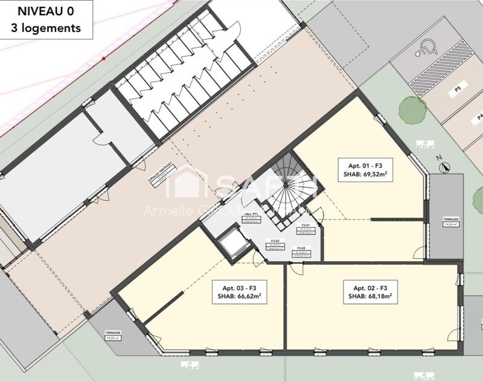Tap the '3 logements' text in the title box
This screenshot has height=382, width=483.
pos(46,27)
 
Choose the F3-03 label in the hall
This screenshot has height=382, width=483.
pos(275,241)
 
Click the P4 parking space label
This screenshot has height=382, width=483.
pos(480,117)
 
